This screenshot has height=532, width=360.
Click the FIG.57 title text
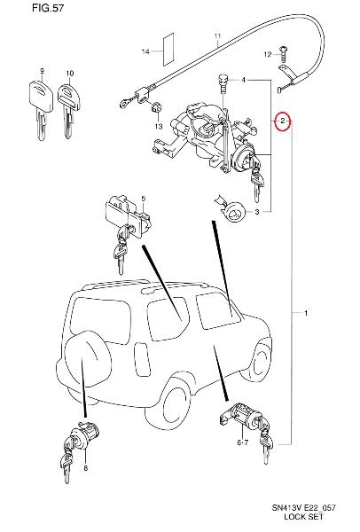pyautogui.click(x=48, y=8)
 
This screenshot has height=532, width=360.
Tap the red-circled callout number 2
pyautogui.click(x=283, y=121)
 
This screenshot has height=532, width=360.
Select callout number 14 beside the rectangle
pyautogui.click(x=145, y=51)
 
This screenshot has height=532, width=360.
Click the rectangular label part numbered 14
pyautogui.click(x=168, y=49)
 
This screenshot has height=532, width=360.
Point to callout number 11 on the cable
pyautogui.click(x=217, y=36)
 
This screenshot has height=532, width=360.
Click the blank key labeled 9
pyautogui.click(x=41, y=108)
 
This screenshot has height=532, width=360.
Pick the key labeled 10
pyautogui.click(x=69, y=110)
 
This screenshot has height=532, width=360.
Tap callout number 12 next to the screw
pyautogui.click(x=268, y=54)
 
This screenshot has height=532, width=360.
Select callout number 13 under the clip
pyautogui.click(x=159, y=127)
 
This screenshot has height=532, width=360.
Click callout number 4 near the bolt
pyautogui.click(x=244, y=80)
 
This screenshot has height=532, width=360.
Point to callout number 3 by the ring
pyautogui.click(x=257, y=212)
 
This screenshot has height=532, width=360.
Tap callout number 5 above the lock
pyautogui.click(x=143, y=198)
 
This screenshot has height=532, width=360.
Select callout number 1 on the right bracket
pyautogui.click(x=306, y=313)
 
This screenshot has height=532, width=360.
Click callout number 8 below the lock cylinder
pyautogui.click(x=85, y=468)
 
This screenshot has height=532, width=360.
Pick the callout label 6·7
pyautogui.click(x=243, y=442)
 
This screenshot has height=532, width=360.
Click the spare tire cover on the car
pyautogui.click(x=88, y=358)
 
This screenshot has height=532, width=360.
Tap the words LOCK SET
pyautogui.click(x=303, y=517)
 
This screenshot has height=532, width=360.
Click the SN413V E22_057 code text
pyautogui.click(x=303, y=507)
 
